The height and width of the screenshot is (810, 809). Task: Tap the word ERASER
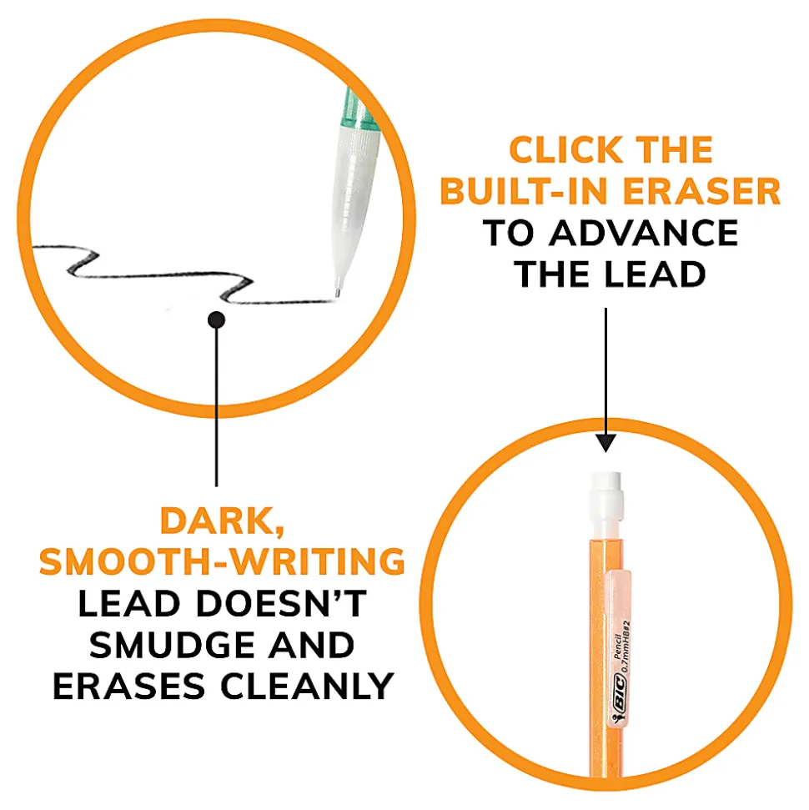pyautogui.click(x=701, y=191)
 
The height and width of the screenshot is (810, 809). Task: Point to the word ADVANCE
pyautogui.click(x=644, y=233)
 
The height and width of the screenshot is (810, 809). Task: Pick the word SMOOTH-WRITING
pyautogui.click(x=222, y=561)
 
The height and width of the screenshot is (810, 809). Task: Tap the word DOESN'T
pyautogui.click(x=282, y=603)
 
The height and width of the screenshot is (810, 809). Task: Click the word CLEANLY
pyautogui.click(x=308, y=686)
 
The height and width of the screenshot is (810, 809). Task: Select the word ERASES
pyautogui.click(x=129, y=686)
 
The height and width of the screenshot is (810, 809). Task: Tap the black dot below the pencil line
pyautogui.click(x=217, y=320)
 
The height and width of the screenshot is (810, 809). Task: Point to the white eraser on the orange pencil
pyautogui.click(x=605, y=505)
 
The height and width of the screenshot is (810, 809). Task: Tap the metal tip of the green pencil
pyautogui.click(x=337, y=293)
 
